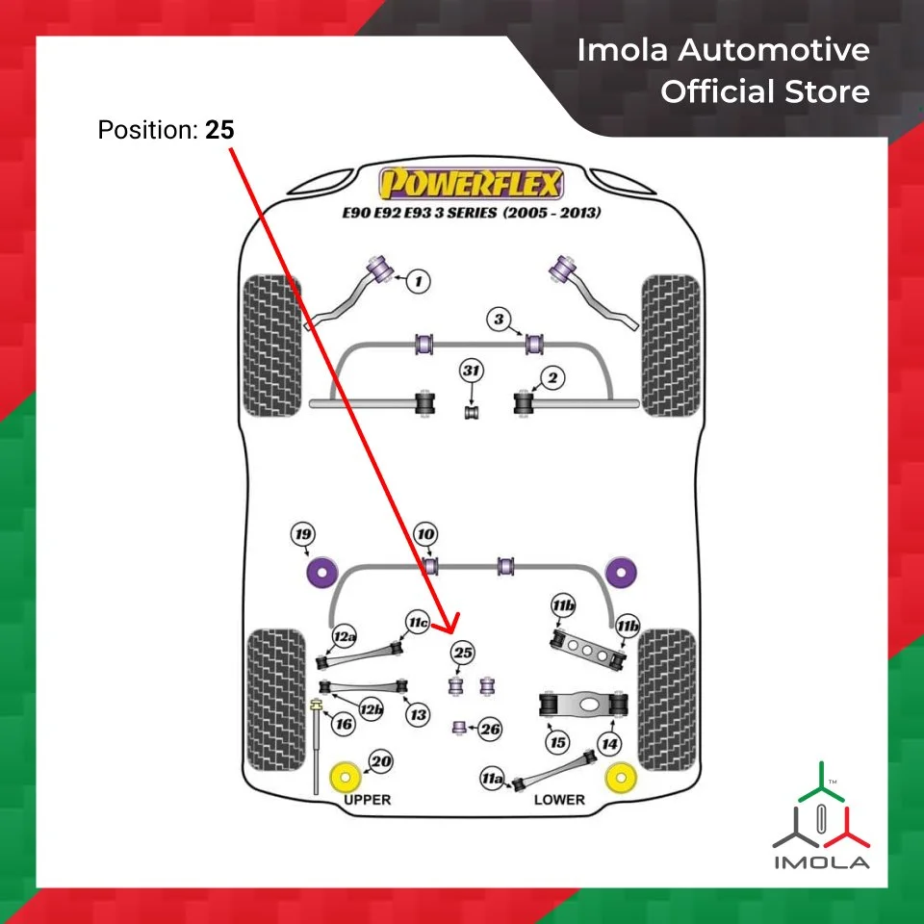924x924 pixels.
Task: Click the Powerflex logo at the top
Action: pyautogui.click(x=471, y=182)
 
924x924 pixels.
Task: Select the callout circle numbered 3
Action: pyautogui.click(x=499, y=319)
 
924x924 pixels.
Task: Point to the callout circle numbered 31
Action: pyautogui.click(x=471, y=372)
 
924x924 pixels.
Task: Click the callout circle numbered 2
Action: pyautogui.click(x=552, y=378)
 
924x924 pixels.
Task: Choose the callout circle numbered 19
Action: pyautogui.click(x=305, y=534)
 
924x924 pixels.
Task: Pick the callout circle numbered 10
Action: pyautogui.click(x=425, y=534)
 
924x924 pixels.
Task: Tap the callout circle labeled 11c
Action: pyautogui.click(x=417, y=623)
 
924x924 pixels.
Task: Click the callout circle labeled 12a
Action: pyautogui.click(x=345, y=636)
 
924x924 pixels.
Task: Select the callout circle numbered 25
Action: pyautogui.click(x=464, y=654)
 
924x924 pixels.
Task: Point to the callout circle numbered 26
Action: pyautogui.click(x=491, y=730)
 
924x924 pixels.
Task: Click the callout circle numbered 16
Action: pyautogui.click(x=344, y=724)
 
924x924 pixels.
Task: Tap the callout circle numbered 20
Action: pyautogui.click(x=381, y=762)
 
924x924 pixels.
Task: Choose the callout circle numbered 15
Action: pyautogui.click(x=557, y=742)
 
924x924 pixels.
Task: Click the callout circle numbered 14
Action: pyautogui.click(x=609, y=742)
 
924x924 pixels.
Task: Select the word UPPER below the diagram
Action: pyautogui.click(x=368, y=800)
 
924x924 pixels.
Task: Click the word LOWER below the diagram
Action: pyautogui.click(x=559, y=800)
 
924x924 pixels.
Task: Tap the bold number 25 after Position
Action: pyautogui.click(x=219, y=129)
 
